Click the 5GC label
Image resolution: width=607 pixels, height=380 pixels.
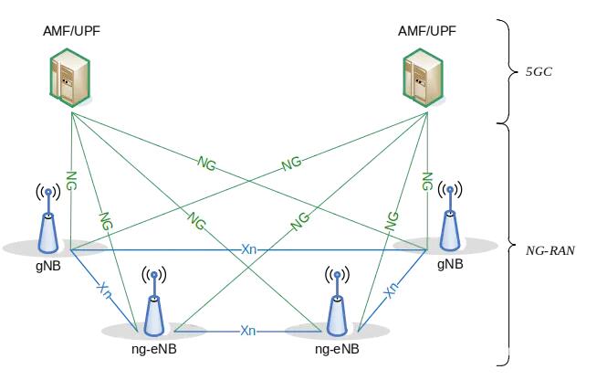(539, 72)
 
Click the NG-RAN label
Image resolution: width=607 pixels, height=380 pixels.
(550, 250)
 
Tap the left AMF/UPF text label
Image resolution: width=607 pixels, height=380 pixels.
(71, 31)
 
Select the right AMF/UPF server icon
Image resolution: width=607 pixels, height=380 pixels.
(423, 78)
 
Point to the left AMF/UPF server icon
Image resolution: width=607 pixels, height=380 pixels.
(70, 78)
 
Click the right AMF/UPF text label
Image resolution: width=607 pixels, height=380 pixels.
(427, 31)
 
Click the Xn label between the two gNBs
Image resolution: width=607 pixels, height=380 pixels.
(248, 249)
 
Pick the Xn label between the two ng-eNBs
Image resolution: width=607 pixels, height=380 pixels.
(248, 331)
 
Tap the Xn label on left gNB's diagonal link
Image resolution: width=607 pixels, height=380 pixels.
(104, 290)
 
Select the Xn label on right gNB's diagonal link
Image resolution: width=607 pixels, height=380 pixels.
(391, 290)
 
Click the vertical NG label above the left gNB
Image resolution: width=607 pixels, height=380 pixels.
(71, 181)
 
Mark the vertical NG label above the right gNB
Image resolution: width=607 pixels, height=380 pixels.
(427, 181)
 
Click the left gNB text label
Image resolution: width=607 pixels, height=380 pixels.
(48, 267)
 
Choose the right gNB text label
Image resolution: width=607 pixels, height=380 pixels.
(450, 264)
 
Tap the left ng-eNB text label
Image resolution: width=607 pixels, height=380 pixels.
(154, 349)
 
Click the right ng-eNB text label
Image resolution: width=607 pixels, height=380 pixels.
(337, 349)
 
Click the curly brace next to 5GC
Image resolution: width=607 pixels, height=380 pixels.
(508, 71)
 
